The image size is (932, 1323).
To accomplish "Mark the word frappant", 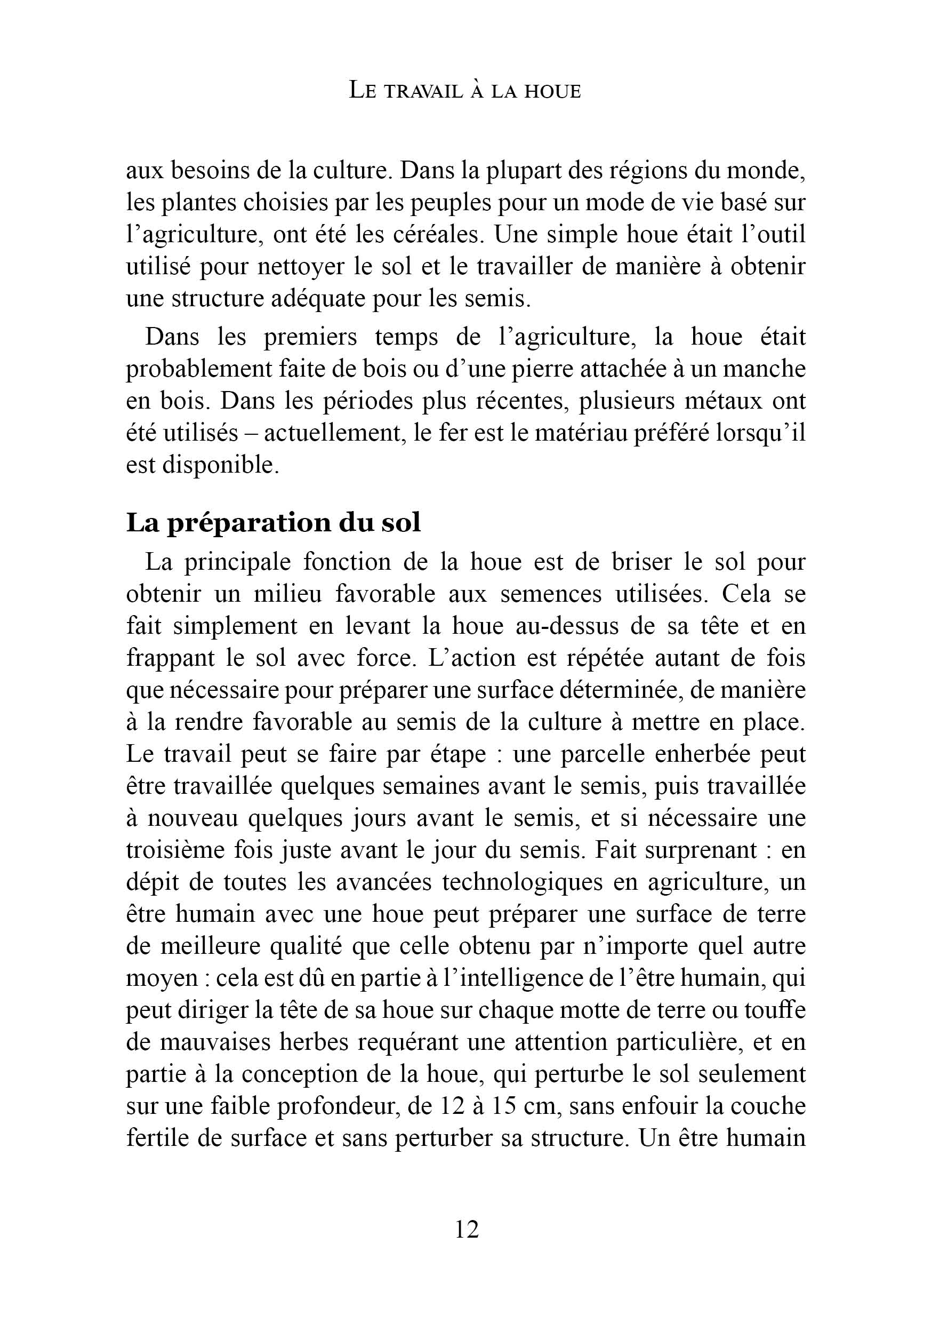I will [170, 659].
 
